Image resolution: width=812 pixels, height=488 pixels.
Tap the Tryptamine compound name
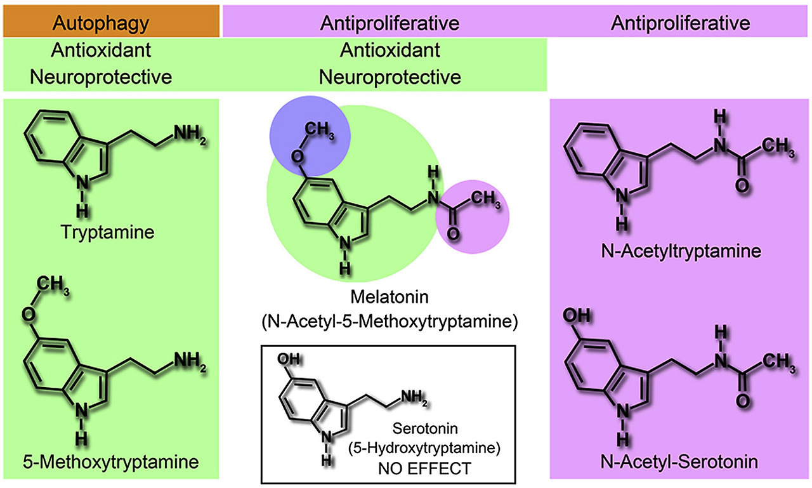click(108, 232)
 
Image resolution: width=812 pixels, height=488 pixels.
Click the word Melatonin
click(389, 297)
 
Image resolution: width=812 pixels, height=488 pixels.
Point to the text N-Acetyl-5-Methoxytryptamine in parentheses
click(389, 322)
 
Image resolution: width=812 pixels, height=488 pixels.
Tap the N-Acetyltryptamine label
click(681, 251)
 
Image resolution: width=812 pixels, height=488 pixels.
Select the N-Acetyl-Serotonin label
click(681, 462)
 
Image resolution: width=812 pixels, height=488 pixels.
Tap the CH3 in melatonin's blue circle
click(318, 131)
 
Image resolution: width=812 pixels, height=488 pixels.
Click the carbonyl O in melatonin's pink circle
click(453, 234)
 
